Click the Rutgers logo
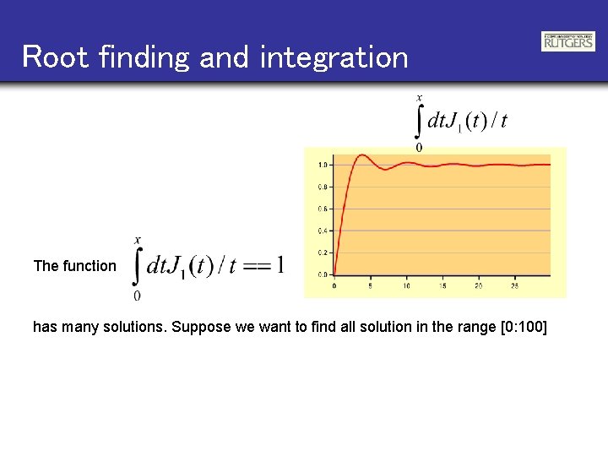[567, 41]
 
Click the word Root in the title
[56, 57]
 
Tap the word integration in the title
[334, 57]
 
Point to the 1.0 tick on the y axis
[323, 165]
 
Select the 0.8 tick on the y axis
[323, 187]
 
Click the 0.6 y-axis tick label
[323, 209]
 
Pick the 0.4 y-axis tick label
[323, 231]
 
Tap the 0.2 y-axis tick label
[323, 252]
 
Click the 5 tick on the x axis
[371, 286]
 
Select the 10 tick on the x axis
[406, 286]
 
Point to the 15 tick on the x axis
[442, 286]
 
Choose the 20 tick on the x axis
[479, 286]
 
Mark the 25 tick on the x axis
[515, 286]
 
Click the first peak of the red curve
[361, 155]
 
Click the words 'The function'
[75, 266]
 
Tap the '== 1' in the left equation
[263, 266]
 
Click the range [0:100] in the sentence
[515, 326]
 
